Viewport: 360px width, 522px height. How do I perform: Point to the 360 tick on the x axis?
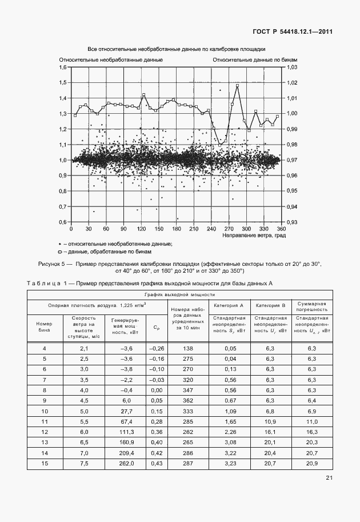pos(280,229)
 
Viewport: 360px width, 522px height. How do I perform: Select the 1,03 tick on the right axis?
pos(291,67)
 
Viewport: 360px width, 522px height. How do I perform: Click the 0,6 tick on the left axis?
pos(63,222)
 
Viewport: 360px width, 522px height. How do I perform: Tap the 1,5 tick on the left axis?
pos(63,83)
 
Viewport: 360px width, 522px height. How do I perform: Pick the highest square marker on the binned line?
pos(237,86)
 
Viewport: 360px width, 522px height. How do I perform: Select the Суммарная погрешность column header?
pos(311,305)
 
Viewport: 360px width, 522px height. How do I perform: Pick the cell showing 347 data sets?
pos(187,389)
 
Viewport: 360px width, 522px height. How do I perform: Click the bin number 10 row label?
pos(45,411)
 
